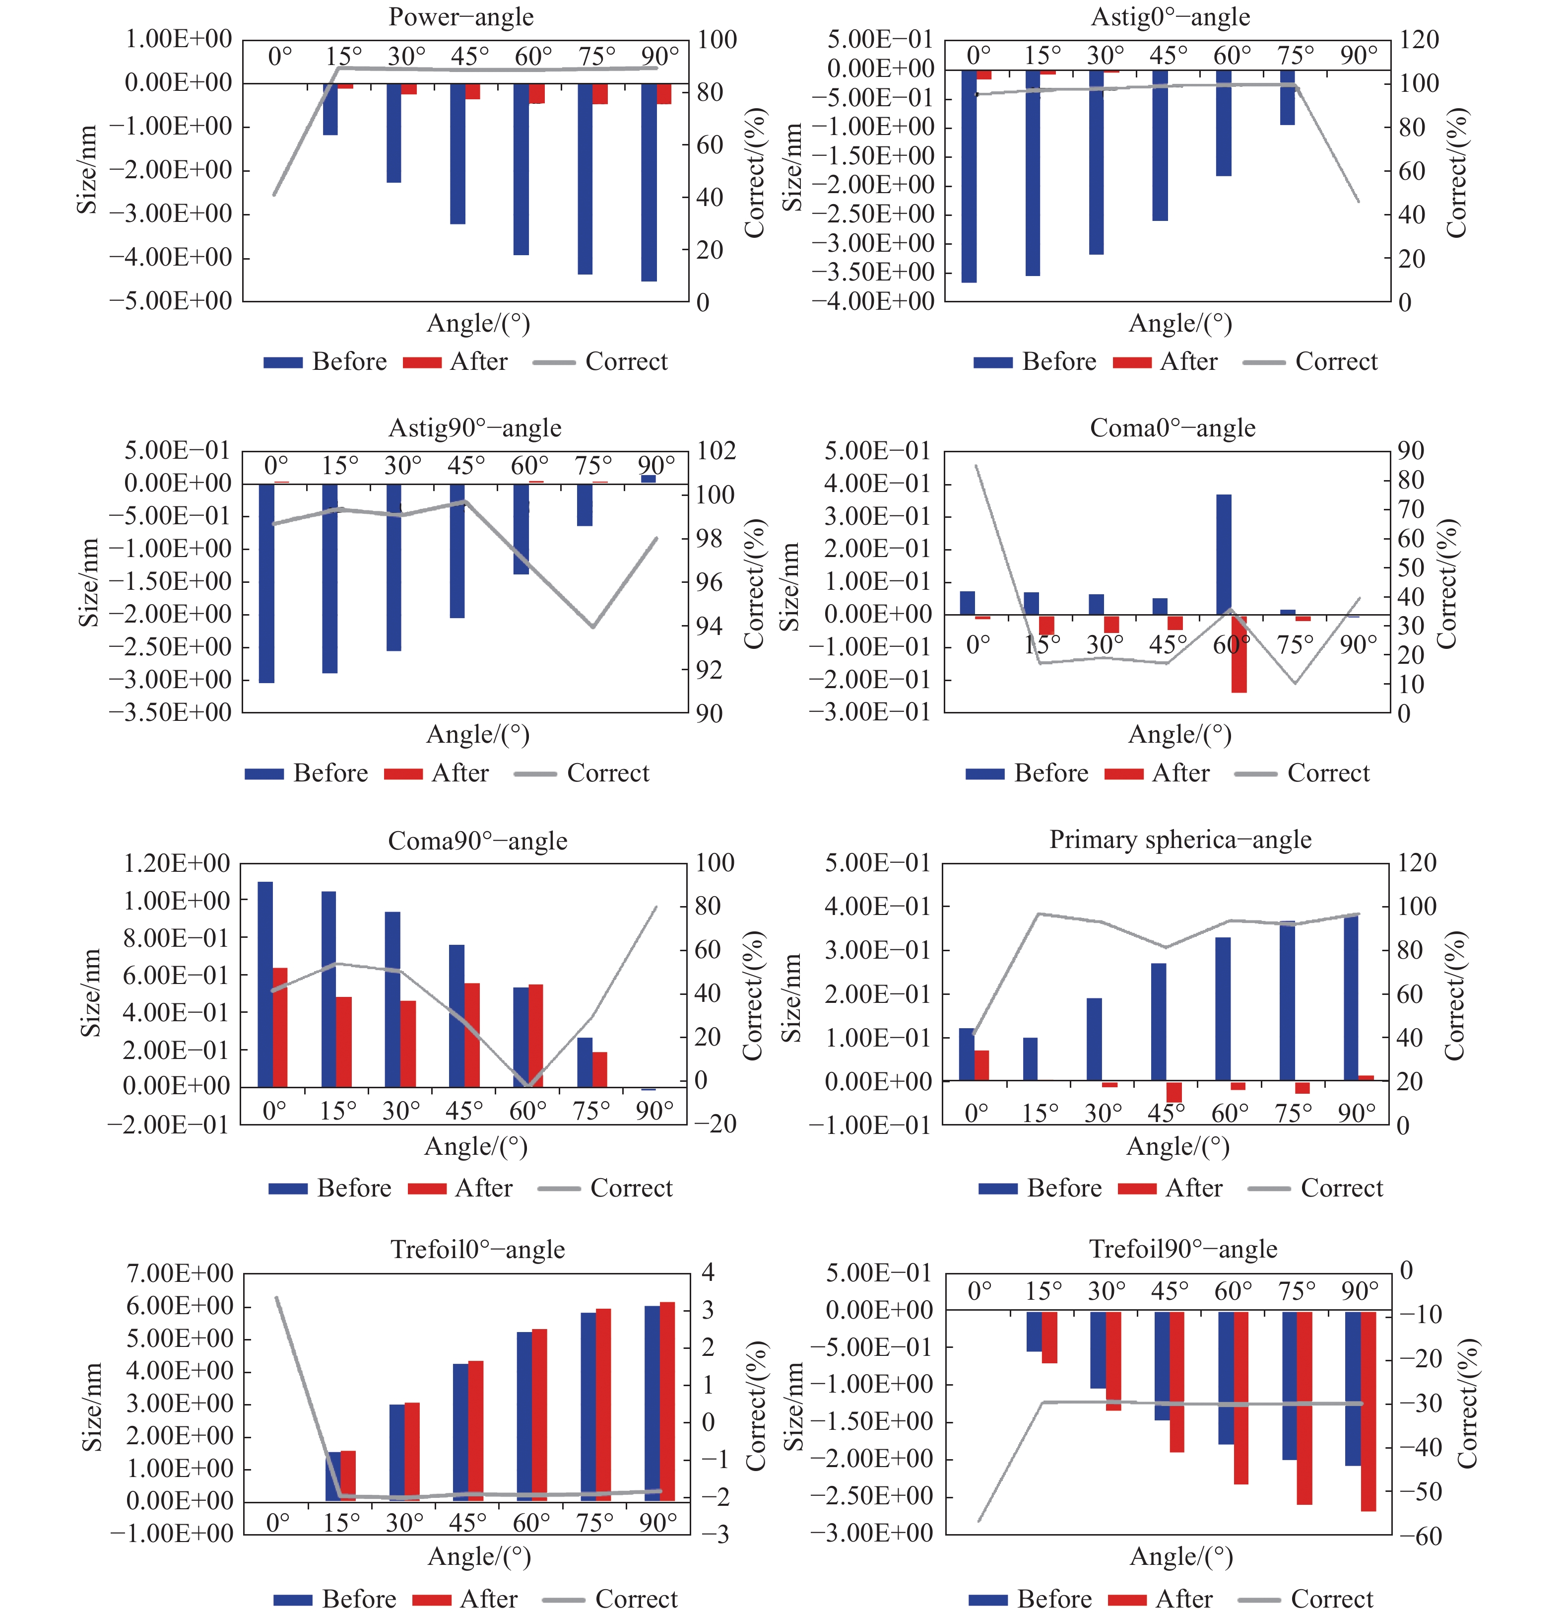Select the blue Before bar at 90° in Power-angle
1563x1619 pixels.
[649, 182]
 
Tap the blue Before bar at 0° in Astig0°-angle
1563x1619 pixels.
[969, 175]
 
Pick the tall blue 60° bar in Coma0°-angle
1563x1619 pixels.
[1224, 554]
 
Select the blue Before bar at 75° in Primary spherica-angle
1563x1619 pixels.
[1287, 1000]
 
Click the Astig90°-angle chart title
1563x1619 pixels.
[475, 428]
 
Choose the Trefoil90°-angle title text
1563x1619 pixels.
[1182, 1249]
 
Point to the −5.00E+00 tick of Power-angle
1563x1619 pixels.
[170, 301]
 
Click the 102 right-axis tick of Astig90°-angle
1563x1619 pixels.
[716, 451]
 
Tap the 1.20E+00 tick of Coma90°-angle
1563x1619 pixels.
[176, 863]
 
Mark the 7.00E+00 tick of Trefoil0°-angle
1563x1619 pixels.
[179, 1273]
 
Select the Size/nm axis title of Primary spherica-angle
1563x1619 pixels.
[791, 997]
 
